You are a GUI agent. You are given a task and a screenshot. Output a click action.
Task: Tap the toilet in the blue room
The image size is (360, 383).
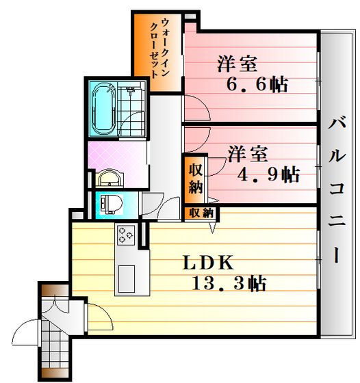(x=112, y=204)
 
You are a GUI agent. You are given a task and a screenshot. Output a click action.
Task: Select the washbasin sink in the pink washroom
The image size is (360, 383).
(x=110, y=178)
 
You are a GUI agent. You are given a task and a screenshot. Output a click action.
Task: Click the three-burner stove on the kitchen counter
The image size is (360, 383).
(x=126, y=235)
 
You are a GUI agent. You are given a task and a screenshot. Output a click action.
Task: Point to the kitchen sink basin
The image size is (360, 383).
(x=127, y=279)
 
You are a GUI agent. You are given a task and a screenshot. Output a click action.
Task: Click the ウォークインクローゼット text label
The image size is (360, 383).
(x=159, y=49)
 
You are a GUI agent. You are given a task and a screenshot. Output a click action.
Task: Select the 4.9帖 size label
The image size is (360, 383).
(x=268, y=174)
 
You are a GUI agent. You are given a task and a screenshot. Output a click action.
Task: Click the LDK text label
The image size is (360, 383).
(x=208, y=263)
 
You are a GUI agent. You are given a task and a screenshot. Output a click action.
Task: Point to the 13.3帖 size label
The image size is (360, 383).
(x=229, y=283)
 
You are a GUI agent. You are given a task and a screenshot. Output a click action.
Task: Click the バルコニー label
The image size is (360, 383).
(x=337, y=191)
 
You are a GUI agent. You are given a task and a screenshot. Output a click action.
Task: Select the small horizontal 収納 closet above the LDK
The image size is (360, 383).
(x=202, y=213)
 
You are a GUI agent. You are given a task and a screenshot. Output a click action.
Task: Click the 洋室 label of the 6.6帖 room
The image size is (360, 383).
(x=237, y=64)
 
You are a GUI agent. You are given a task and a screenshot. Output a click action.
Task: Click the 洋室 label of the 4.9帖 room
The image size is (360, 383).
(x=248, y=154)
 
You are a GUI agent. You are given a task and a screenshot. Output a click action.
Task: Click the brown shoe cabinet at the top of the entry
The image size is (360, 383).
(x=54, y=290)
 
